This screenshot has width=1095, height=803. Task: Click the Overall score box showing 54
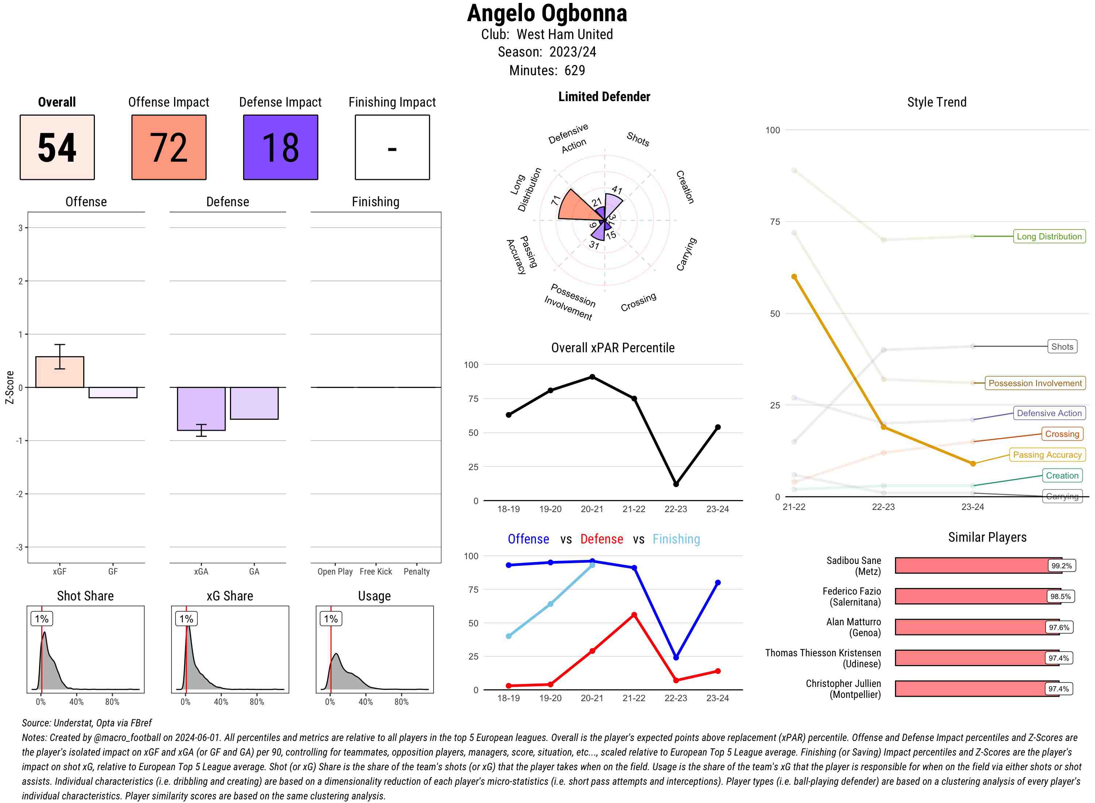[57, 147]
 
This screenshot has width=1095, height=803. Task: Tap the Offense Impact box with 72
[169, 147]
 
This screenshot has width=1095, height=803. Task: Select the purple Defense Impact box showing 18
[280, 147]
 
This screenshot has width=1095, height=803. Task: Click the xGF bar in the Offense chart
[60, 372]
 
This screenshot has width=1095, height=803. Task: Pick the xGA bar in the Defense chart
[201, 408]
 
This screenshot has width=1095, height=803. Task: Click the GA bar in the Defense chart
[254, 403]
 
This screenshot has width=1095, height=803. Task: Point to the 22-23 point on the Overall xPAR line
[676, 484]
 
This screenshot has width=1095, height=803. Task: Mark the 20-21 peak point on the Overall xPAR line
[592, 377]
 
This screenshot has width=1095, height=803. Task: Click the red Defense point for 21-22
[634, 615]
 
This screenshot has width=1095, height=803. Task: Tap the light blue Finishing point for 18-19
[508, 636]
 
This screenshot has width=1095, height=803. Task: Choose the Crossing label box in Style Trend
[1061, 434]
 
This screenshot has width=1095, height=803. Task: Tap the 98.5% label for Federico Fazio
[1060, 596]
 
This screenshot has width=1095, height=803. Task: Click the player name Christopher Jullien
[843, 683]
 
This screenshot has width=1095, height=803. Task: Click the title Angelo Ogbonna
[547, 14]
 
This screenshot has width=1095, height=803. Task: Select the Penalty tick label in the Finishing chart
[416, 572]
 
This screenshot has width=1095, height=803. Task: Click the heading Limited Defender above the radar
[604, 97]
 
